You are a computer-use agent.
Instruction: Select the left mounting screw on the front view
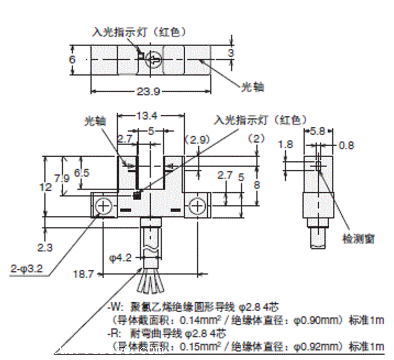coord(105,206)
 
